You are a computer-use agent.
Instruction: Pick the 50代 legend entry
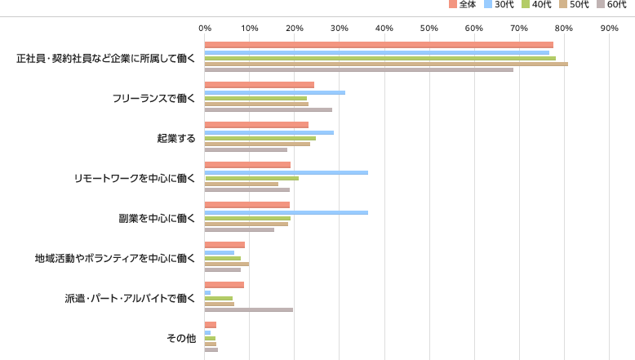click(x=574, y=5)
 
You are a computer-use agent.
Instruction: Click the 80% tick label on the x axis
click(x=564, y=29)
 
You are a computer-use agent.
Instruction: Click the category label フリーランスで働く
click(x=155, y=98)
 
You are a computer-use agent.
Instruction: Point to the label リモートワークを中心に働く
click(x=135, y=178)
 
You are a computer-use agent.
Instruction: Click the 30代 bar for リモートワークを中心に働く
click(x=286, y=172)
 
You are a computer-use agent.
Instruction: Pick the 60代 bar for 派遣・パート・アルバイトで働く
click(x=248, y=310)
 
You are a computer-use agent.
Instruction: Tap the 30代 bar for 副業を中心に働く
click(x=286, y=212)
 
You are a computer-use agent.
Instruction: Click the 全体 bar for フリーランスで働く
click(x=259, y=85)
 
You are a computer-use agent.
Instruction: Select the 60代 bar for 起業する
click(x=246, y=149)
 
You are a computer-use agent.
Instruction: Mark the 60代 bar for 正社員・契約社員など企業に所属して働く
click(x=358, y=69)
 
